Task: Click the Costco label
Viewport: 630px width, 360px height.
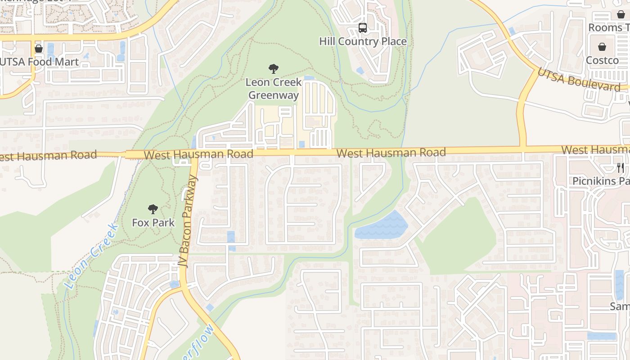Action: point(602,60)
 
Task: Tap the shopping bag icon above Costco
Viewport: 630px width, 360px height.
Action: point(602,47)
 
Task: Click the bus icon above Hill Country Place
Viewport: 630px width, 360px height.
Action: point(363,28)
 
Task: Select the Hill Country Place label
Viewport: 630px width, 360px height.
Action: point(363,41)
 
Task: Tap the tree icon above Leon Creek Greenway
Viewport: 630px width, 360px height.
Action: point(273,69)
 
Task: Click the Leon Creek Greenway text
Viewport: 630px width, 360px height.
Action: point(273,89)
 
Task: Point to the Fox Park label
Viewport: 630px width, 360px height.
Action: point(153,222)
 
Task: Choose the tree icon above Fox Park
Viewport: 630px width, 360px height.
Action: point(153,209)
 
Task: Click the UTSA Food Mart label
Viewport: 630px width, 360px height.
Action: point(40,62)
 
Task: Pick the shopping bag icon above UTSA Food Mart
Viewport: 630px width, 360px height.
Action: point(39,49)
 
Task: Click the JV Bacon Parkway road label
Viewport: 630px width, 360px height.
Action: point(188,221)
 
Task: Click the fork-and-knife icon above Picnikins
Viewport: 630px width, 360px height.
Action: point(621,168)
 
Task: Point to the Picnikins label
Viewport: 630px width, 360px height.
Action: point(601,181)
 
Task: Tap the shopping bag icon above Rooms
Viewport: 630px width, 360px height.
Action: point(621,14)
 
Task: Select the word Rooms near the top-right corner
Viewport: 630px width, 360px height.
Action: point(605,27)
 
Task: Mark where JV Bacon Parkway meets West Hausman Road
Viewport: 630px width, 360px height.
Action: point(194,154)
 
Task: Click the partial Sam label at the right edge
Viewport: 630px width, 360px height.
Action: point(620,306)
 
